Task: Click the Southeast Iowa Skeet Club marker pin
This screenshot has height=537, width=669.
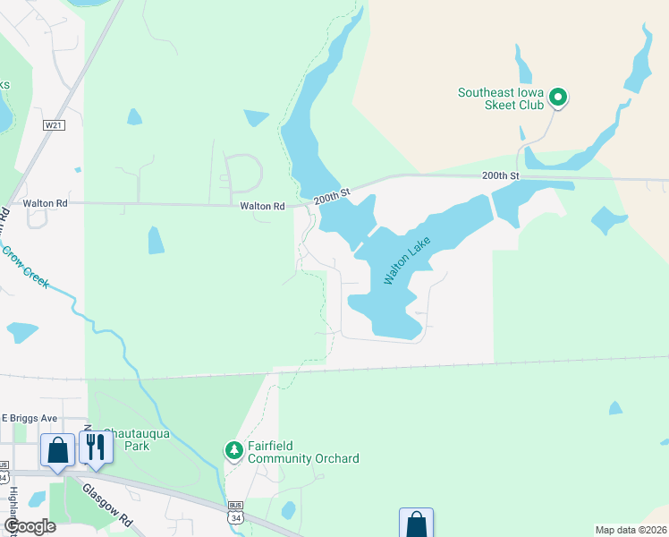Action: tap(558, 97)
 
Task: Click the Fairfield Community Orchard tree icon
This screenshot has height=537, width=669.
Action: tap(233, 449)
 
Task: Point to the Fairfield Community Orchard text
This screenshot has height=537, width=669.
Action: tap(304, 452)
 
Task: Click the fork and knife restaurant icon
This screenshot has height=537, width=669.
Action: tap(97, 447)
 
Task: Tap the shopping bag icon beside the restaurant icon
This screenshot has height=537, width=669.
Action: tap(58, 449)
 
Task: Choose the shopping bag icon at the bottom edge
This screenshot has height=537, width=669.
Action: tap(416, 524)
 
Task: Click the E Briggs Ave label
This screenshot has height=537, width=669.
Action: tap(30, 418)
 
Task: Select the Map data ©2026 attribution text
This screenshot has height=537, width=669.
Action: tap(631, 530)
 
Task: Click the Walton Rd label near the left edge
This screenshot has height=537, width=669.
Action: tap(45, 203)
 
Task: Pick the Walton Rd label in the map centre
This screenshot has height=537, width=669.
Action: tap(262, 206)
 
